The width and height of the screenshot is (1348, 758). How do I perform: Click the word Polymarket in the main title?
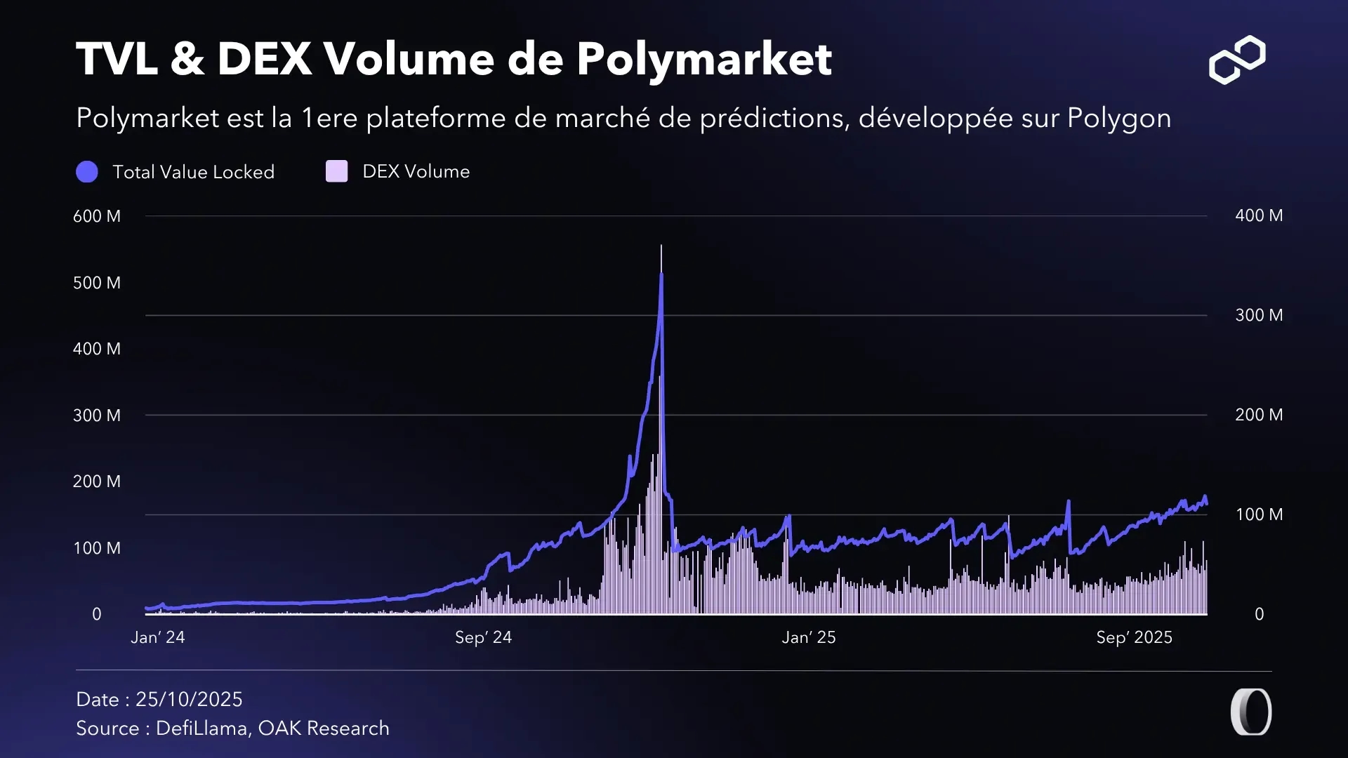coord(703,59)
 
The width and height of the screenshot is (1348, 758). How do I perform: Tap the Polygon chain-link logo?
coord(1237,60)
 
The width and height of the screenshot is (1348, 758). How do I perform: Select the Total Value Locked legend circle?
coord(87,172)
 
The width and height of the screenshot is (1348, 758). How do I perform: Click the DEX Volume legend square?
coord(337,171)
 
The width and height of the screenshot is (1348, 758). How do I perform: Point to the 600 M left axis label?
coord(97,216)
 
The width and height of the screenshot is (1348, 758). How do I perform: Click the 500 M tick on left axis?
coord(97,283)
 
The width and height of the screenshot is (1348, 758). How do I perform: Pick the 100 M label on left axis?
coord(97,548)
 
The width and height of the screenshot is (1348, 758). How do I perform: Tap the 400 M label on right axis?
coord(1259,215)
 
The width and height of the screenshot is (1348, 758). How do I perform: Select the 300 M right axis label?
coord(1259,315)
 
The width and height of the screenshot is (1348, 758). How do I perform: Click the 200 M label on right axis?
coord(1259,415)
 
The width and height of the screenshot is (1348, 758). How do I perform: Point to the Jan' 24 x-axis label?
coord(158,637)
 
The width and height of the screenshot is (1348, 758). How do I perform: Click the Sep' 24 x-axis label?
coord(483,637)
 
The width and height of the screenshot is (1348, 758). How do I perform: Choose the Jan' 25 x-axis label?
coord(809,637)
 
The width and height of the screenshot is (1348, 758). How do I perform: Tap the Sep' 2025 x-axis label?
coord(1134,637)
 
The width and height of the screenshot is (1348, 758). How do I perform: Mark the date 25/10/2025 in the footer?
coord(189,699)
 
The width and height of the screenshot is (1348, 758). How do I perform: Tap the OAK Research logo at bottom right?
coord(1251,712)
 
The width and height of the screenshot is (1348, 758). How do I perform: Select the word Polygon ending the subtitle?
coord(1119,119)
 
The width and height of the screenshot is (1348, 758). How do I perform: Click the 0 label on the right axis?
coord(1259,614)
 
